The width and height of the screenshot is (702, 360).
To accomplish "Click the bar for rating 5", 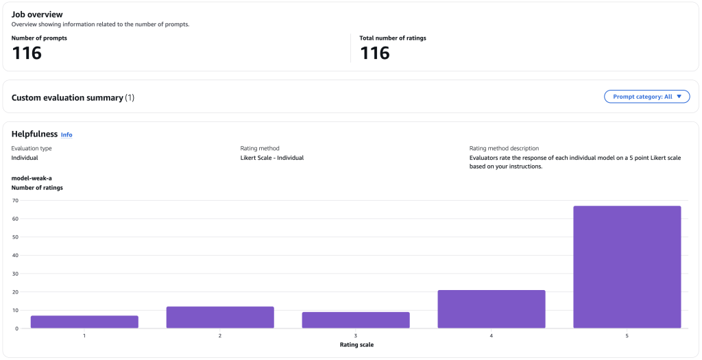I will click(x=627, y=267).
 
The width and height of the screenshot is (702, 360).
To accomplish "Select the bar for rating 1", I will click(x=84, y=322).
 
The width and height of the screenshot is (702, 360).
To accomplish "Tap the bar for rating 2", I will click(x=220, y=317).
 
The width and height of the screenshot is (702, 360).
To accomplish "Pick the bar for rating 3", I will click(x=356, y=320).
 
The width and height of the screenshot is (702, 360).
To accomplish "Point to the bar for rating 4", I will click(x=491, y=309).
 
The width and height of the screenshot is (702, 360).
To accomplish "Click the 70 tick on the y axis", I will click(x=14, y=200).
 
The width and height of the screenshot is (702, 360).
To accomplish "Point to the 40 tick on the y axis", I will click(x=14, y=255).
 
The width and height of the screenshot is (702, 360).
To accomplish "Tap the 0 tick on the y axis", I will click(x=16, y=328).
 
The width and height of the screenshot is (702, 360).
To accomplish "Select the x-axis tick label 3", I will click(x=356, y=335).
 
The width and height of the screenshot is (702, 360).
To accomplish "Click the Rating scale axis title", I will click(x=356, y=344).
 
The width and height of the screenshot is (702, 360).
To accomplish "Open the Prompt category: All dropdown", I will click(x=646, y=97).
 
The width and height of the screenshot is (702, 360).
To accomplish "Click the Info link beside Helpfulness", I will click(x=66, y=135).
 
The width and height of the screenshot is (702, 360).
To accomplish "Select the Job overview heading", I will click(x=37, y=14).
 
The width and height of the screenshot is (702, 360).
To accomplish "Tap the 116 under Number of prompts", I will click(x=27, y=53).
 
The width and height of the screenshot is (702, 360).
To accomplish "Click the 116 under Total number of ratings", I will click(x=374, y=53).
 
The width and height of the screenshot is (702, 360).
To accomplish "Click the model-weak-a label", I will click(x=32, y=178).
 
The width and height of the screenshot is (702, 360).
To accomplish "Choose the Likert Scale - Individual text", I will click(x=271, y=158).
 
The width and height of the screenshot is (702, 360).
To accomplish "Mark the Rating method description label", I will click(x=504, y=148).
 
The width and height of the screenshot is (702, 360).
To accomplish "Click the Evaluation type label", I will click(x=32, y=148).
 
